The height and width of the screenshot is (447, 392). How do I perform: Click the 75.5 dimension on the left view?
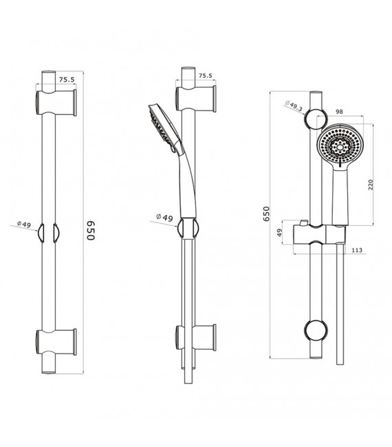pos(67,80)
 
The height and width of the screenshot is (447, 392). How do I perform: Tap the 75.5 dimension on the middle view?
pos(206,76)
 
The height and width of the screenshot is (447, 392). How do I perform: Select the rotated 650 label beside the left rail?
pos(90,230)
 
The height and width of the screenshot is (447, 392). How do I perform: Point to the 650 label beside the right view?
pos(266,214)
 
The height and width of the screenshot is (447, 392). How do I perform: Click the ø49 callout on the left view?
pos(23,224)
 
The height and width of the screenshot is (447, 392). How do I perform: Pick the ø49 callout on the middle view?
pos(164,217)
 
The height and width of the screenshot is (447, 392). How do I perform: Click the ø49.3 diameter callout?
pos(294,106)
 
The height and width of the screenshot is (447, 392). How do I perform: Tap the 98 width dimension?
pos(339,112)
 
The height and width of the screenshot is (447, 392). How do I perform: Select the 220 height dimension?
pos(371,185)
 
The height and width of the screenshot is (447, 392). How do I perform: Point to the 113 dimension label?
pos(357,250)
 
